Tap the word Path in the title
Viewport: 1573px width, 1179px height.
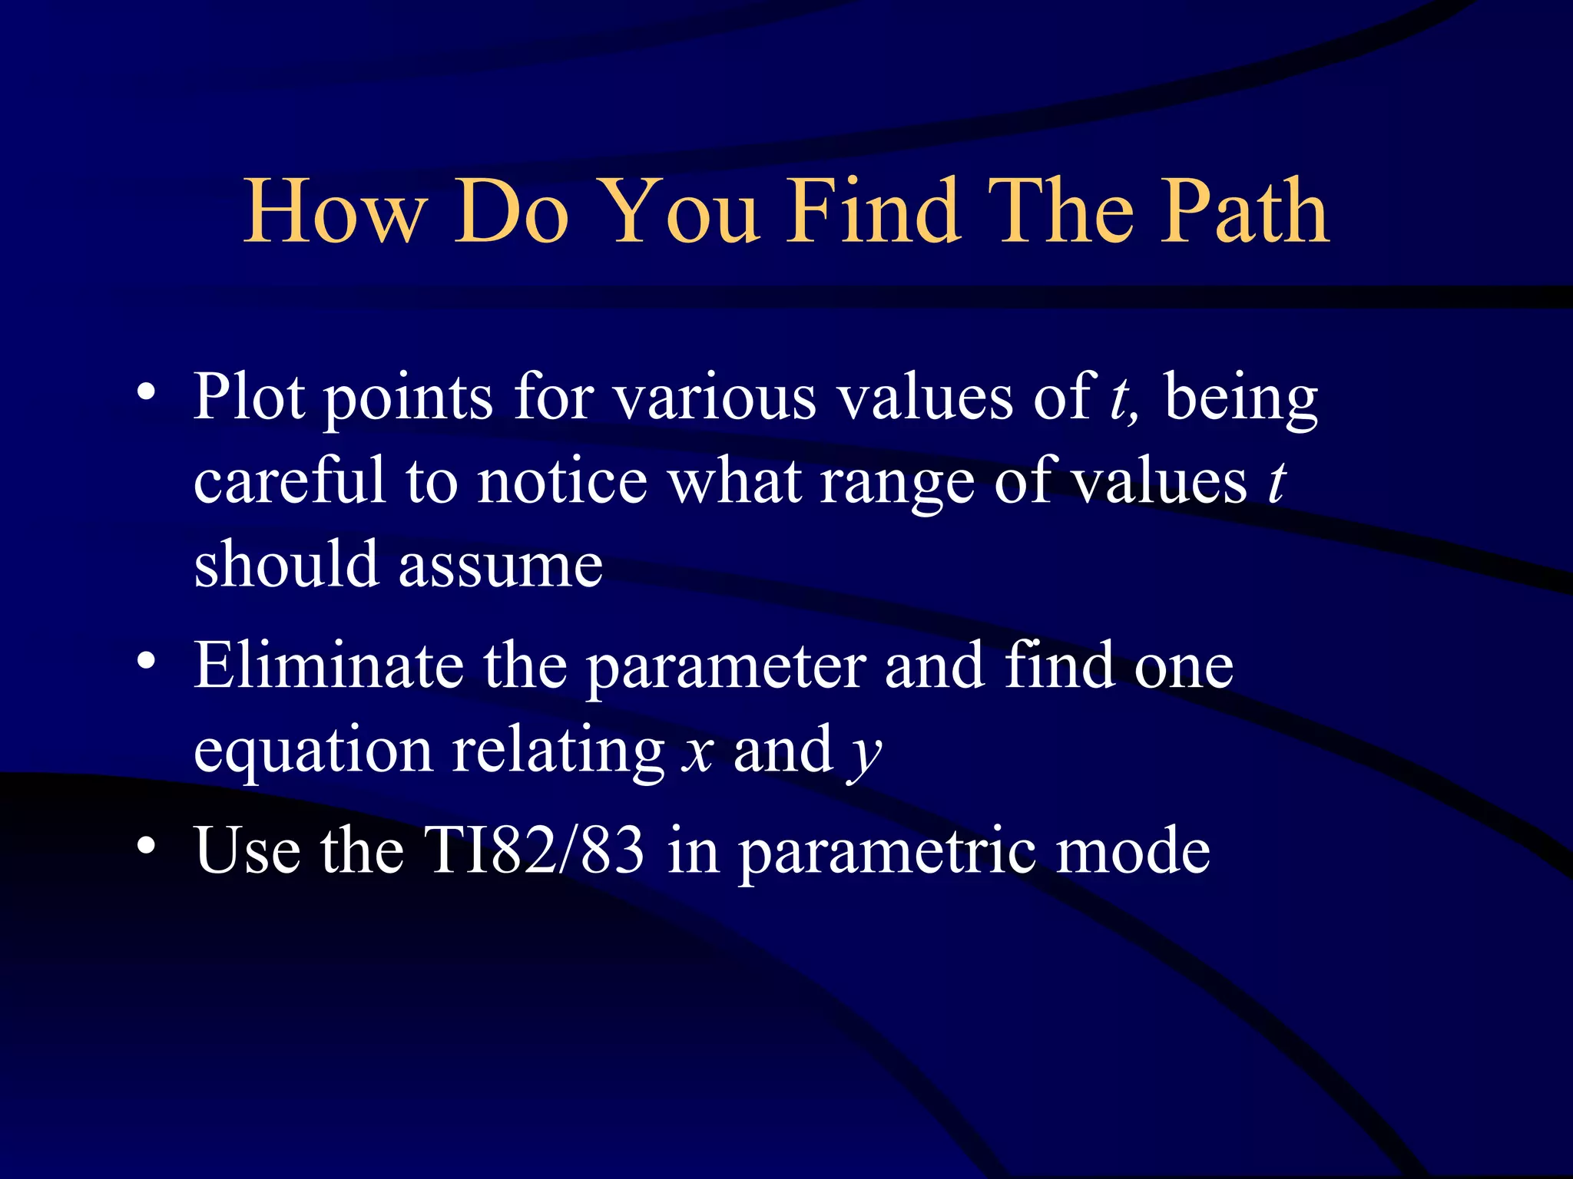pyautogui.click(x=1243, y=210)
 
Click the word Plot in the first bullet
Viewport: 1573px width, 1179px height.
pyautogui.click(x=250, y=397)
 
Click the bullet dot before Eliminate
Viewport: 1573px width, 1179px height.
pyautogui.click(x=147, y=661)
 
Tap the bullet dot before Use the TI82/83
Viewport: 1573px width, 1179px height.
pyautogui.click(x=147, y=846)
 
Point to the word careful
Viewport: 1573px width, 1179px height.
pyautogui.click(x=289, y=481)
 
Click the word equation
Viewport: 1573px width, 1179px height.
pyautogui.click(x=313, y=752)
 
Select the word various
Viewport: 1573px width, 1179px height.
pyautogui.click(x=715, y=397)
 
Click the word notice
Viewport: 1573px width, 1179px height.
pyautogui.click(x=561, y=481)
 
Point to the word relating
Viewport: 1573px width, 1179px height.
pyautogui.click(x=558, y=752)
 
